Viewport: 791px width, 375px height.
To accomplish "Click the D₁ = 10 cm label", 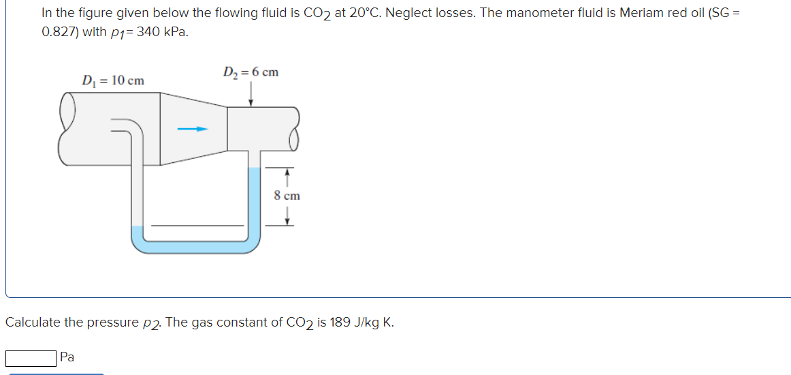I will coord(113,80).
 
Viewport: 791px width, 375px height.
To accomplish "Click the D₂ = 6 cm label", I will coord(251,72).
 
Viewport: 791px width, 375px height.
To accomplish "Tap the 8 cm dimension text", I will coord(287,196).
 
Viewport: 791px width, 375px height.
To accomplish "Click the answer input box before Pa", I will coord(31,357).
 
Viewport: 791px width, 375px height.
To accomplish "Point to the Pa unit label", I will coord(67,357).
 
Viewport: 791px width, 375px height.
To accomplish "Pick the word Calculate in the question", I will coord(33,322).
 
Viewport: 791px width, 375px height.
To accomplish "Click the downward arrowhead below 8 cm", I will coord(287,220).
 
